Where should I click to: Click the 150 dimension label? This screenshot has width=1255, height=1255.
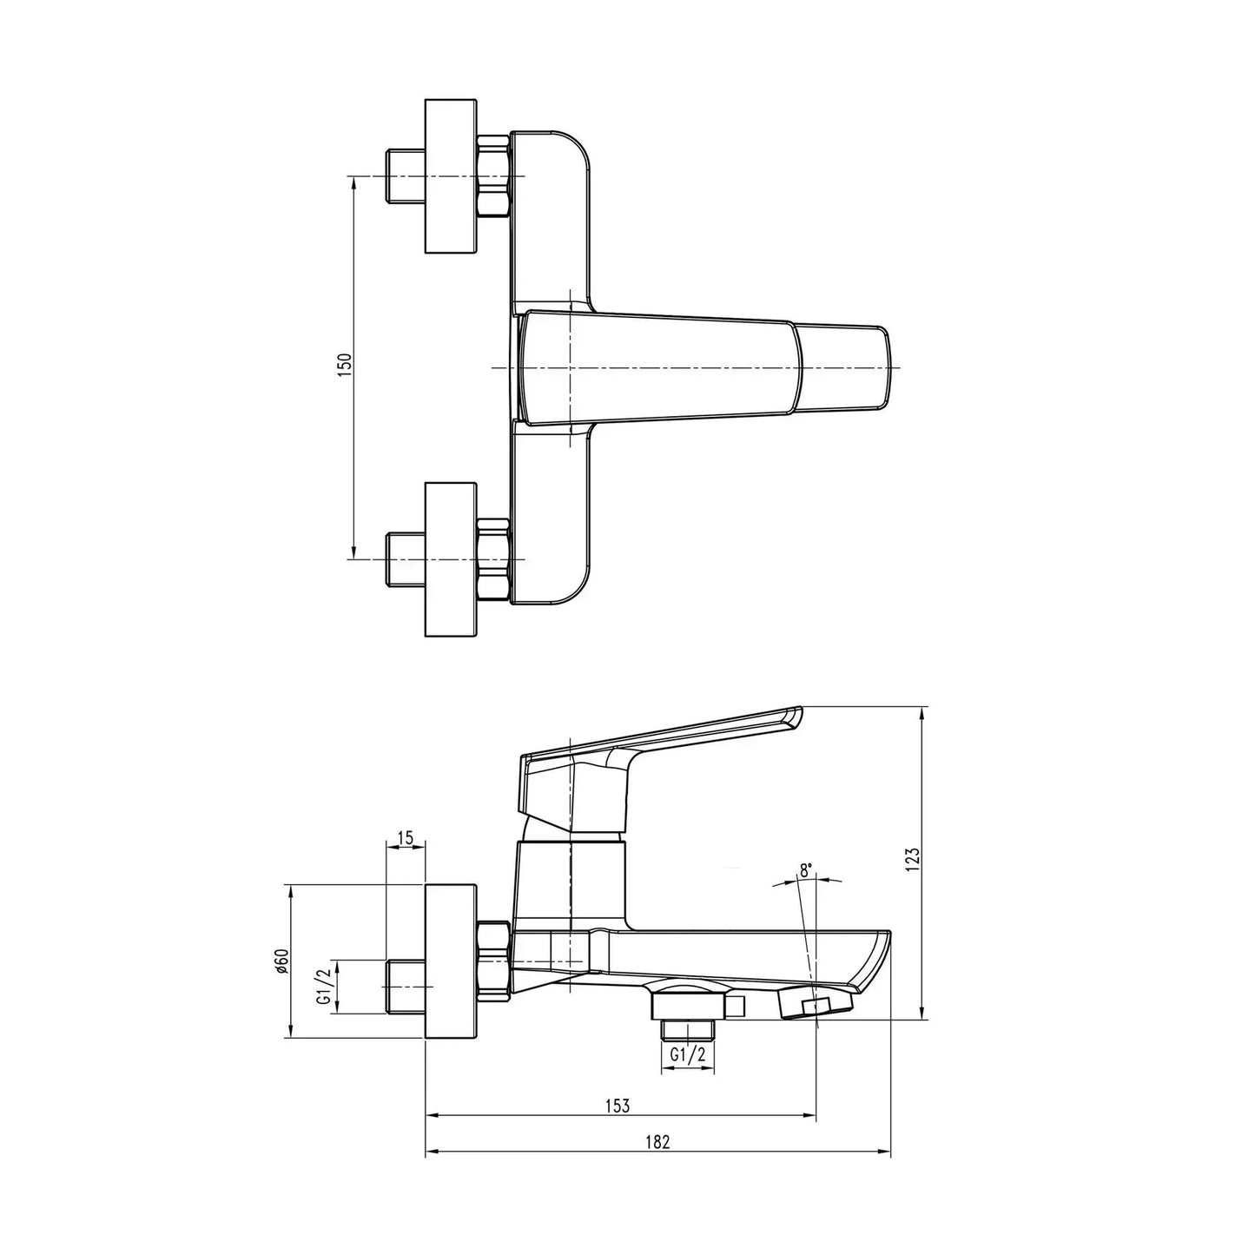coord(345,366)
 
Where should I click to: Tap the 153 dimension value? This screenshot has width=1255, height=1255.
coord(618,1106)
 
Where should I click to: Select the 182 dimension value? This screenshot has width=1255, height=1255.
coord(658,1143)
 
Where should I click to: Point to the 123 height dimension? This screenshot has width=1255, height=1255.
coord(911,859)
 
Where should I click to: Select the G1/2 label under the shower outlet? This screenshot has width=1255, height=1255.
coord(688,1055)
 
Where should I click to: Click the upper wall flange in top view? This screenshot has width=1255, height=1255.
coord(451,176)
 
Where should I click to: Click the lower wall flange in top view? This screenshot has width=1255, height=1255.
coord(451,559)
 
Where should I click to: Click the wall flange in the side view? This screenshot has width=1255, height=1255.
coord(451,961)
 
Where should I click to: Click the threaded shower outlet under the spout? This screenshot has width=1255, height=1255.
coord(688,1029)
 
